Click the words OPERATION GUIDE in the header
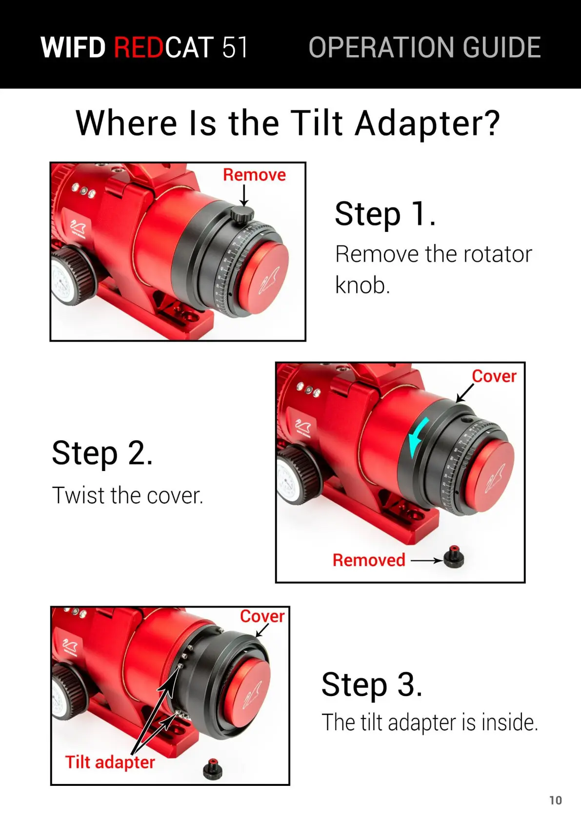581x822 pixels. (425, 47)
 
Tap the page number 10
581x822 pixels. (556, 801)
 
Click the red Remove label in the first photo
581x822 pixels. (255, 175)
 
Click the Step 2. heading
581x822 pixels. (102, 453)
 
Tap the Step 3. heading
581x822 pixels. (372, 685)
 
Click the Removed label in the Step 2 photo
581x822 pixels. (369, 560)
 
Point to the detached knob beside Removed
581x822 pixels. (454, 557)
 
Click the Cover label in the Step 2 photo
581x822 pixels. (494, 376)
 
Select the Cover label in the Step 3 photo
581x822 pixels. (262, 616)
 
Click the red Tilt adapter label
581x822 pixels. (110, 762)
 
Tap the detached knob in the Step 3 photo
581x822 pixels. (213, 769)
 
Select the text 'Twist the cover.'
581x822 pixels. (128, 495)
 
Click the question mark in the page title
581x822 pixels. (490, 123)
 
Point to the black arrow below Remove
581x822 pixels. (244, 196)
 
